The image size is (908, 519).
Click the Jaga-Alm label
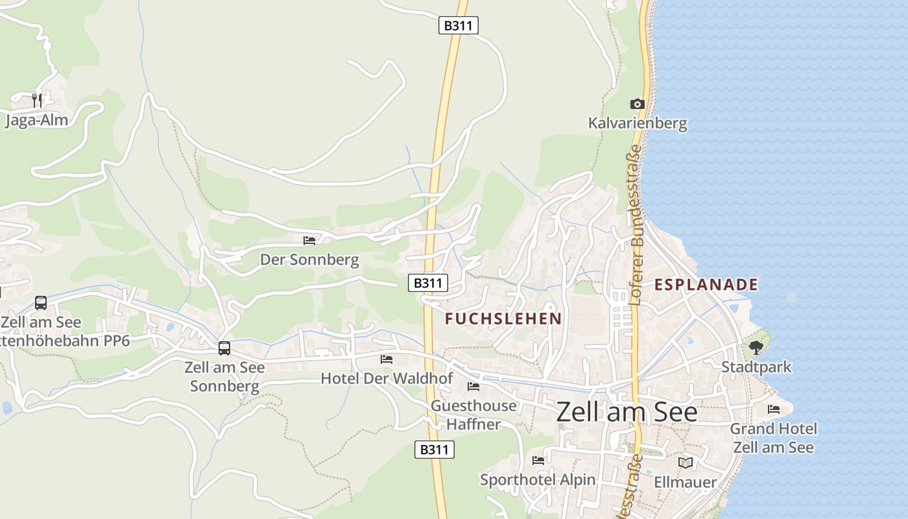click(x=36, y=120)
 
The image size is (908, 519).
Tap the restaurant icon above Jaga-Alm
click(x=37, y=100)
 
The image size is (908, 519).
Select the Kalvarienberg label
click(x=638, y=123)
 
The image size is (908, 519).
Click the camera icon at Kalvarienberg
click(x=638, y=104)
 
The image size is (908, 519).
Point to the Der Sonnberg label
click(x=309, y=259)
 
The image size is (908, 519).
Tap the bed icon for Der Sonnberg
click(x=309, y=240)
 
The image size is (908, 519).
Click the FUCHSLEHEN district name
click(x=503, y=319)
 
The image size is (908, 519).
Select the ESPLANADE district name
click(x=706, y=284)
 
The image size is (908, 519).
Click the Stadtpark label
click(x=756, y=367)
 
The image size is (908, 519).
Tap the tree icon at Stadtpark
click(x=756, y=348)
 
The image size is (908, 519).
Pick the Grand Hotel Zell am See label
click(x=773, y=438)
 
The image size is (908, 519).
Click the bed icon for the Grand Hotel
click(x=774, y=409)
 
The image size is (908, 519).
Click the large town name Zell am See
click(x=627, y=412)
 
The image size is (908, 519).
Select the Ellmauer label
click(x=686, y=482)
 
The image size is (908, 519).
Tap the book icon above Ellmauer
click(x=686, y=463)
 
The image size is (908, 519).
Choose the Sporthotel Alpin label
click(x=538, y=480)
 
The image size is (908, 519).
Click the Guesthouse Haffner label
click(x=473, y=415)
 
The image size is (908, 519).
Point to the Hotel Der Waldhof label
click(x=387, y=378)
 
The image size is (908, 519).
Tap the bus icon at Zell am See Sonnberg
click(x=224, y=348)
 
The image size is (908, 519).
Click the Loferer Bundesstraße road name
click(x=636, y=224)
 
